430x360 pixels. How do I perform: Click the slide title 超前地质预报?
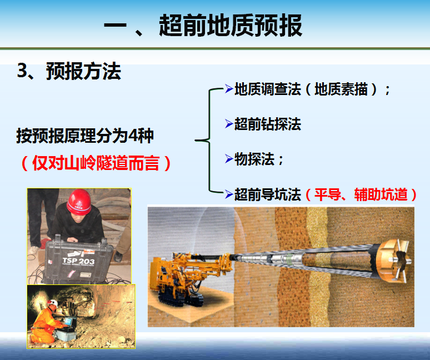(x=231, y=26)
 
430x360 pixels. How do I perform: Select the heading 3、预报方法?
(x=69, y=71)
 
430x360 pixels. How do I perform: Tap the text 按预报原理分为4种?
(x=85, y=136)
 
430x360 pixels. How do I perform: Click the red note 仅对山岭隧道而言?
(x=96, y=163)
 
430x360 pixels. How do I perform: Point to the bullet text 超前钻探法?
(x=268, y=124)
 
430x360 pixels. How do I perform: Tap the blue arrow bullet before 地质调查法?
(x=229, y=88)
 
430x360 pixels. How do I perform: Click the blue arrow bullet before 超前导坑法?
(x=229, y=194)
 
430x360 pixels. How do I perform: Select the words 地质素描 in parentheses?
(x=341, y=89)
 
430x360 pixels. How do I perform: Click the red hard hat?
(x=79, y=202)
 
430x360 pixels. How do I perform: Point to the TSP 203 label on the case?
(x=78, y=261)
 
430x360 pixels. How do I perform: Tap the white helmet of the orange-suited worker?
(x=53, y=303)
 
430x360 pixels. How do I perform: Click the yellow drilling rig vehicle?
(x=189, y=277)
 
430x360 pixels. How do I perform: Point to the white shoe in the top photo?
(x=33, y=250)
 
